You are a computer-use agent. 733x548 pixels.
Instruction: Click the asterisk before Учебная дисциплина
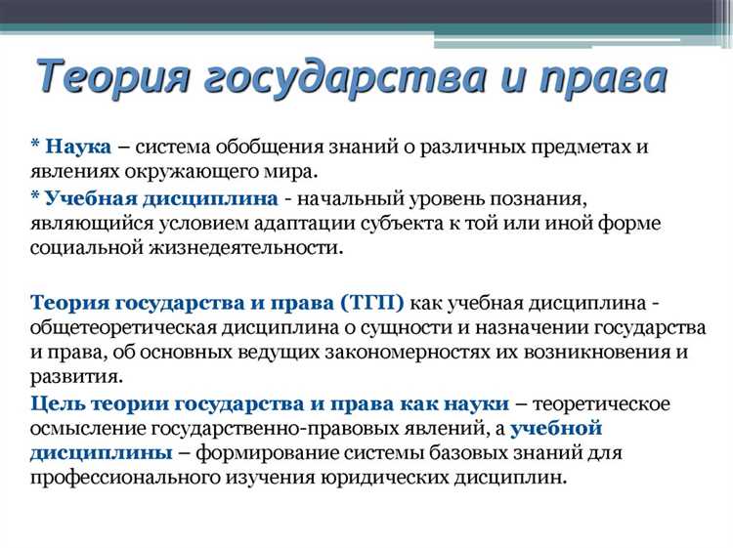[x=35, y=197]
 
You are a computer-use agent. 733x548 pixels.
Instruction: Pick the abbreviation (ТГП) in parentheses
[x=367, y=300]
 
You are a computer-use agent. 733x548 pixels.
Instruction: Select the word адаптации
[x=385, y=224]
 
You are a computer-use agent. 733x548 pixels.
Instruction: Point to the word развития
[x=75, y=376]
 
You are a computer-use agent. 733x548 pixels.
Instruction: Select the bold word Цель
[x=58, y=402]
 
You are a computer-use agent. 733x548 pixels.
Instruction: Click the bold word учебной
[x=555, y=428]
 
